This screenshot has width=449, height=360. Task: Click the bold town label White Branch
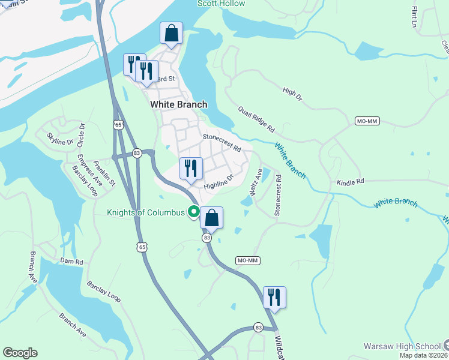point(178,104)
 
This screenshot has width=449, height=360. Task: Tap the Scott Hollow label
point(221,4)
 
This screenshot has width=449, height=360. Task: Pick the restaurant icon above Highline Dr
point(191,169)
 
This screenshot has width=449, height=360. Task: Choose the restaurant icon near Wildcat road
point(274,297)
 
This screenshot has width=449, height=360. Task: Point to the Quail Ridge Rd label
point(256,120)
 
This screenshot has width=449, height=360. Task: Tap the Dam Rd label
point(70,261)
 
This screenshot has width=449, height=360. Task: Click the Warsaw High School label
point(402,346)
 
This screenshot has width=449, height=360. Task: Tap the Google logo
point(20,353)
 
